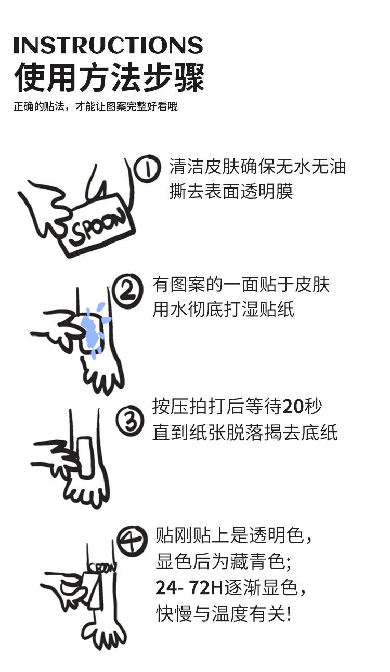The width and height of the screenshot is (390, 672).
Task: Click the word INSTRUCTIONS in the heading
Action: pos(108,45)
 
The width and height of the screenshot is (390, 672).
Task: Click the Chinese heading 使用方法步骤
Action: pos(109,78)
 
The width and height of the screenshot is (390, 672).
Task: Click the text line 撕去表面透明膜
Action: pos(231,191)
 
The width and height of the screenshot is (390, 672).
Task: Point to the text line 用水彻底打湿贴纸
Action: pos(223,310)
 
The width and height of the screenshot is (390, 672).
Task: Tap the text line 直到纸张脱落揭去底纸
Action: pos(245,433)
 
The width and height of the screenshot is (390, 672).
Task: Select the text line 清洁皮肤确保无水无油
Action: pos(257,167)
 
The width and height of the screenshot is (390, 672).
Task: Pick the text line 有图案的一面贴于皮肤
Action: pos(241,285)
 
